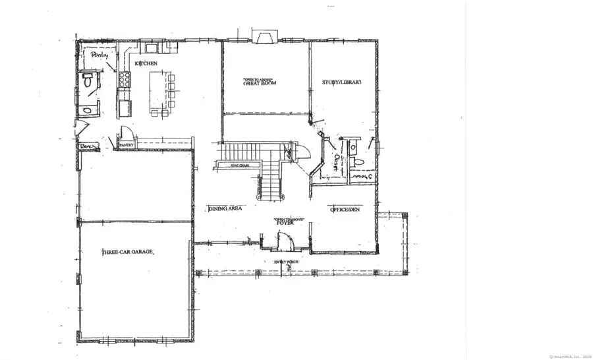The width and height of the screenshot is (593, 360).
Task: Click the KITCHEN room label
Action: [x=146, y=63]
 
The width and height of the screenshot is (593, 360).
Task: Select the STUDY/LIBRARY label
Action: [x=342, y=82]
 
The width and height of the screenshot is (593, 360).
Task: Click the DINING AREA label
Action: [x=225, y=208]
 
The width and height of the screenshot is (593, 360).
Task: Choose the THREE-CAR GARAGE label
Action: [x=127, y=253]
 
